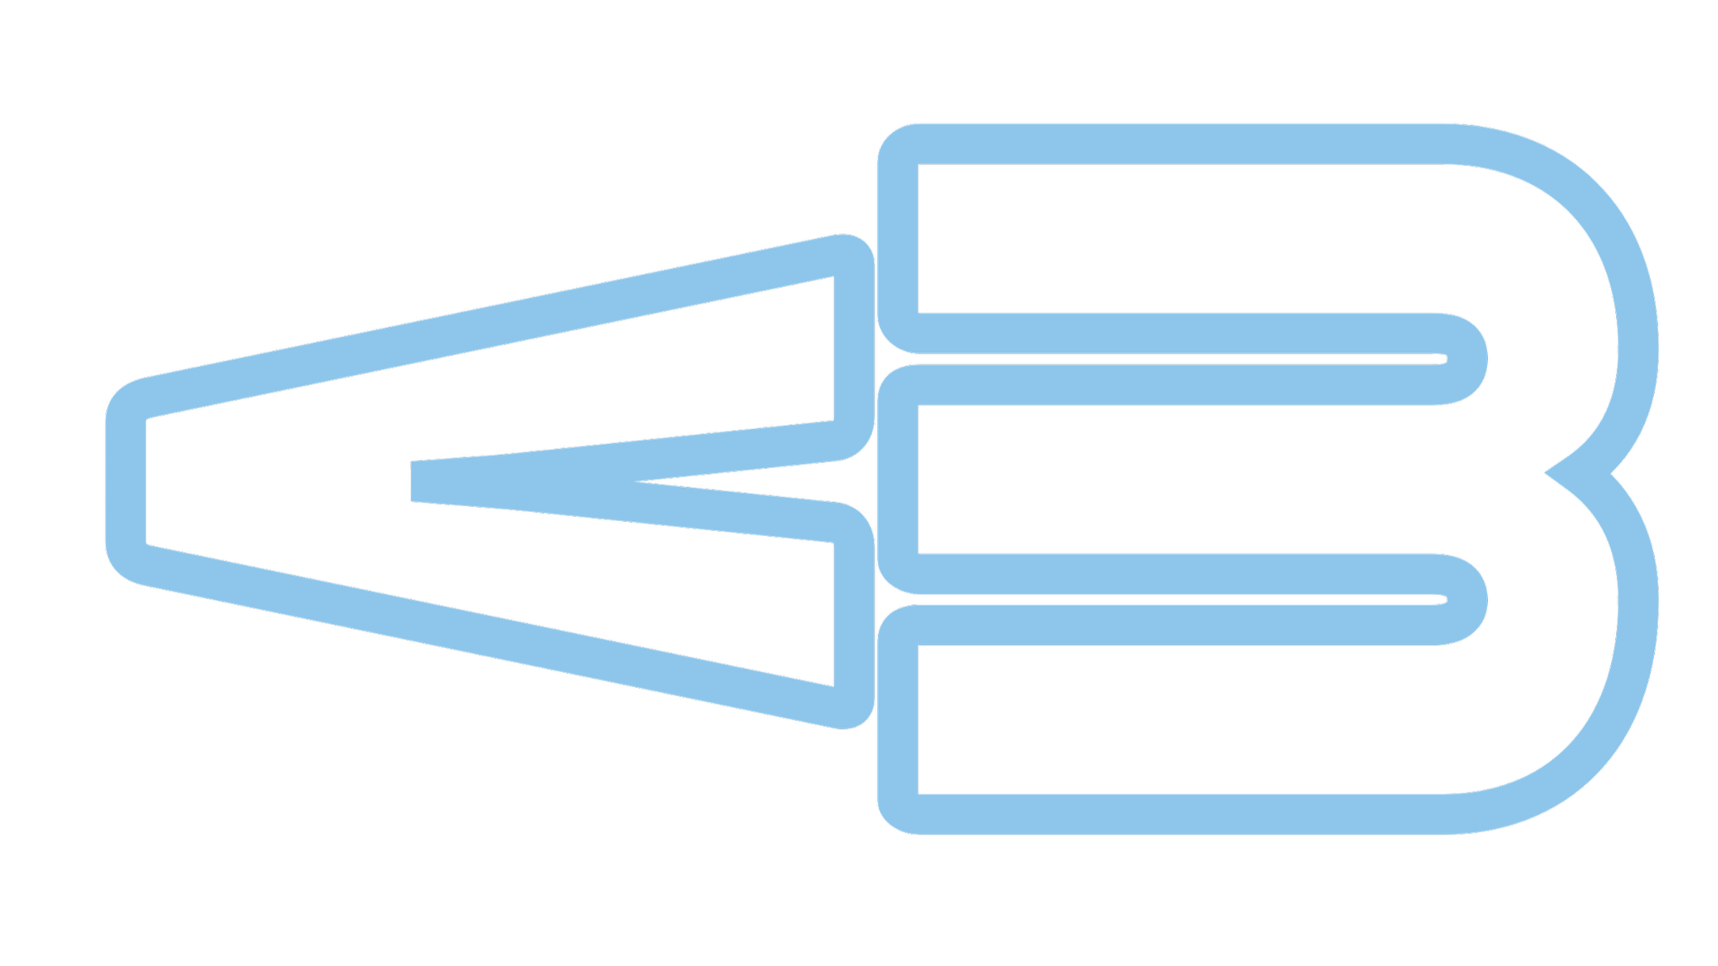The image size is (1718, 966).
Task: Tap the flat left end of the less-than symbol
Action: click(x=126, y=481)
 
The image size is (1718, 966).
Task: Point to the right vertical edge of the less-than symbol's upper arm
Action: click(x=854, y=349)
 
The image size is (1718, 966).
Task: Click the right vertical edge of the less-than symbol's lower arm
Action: click(x=854, y=614)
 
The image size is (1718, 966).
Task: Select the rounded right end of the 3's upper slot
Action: click(x=1466, y=359)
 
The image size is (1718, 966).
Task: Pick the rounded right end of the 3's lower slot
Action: click(x=1466, y=599)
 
